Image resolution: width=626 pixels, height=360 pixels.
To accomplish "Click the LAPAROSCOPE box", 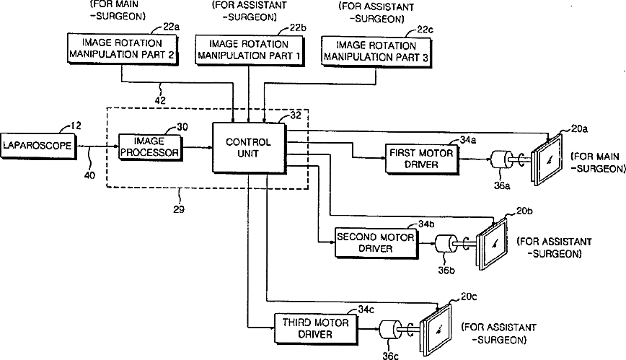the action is [38, 146].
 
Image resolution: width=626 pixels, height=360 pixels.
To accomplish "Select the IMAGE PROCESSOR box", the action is [151, 148].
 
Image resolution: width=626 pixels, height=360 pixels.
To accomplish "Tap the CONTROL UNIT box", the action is [250, 148].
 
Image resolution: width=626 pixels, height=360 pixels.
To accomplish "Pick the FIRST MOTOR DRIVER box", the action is [422, 159].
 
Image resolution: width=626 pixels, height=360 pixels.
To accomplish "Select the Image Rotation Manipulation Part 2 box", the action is [123, 49].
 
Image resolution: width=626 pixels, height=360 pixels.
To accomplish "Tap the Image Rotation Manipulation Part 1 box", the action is [250, 51].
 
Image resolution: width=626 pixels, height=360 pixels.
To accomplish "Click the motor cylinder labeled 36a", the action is [501, 160].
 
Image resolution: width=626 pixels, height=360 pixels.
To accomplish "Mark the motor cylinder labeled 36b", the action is [445, 244].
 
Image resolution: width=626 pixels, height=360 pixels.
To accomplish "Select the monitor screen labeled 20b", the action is [493, 244].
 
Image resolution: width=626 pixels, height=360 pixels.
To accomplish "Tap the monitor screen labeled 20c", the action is [437, 330].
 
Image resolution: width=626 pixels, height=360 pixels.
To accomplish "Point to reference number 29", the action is [179, 209].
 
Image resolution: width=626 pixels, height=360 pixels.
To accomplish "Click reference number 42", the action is [160, 100].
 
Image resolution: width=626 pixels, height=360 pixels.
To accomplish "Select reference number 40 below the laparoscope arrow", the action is [90, 175].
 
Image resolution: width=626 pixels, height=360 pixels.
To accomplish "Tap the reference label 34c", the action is [366, 309].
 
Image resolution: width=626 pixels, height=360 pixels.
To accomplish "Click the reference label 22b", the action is [298, 28].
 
